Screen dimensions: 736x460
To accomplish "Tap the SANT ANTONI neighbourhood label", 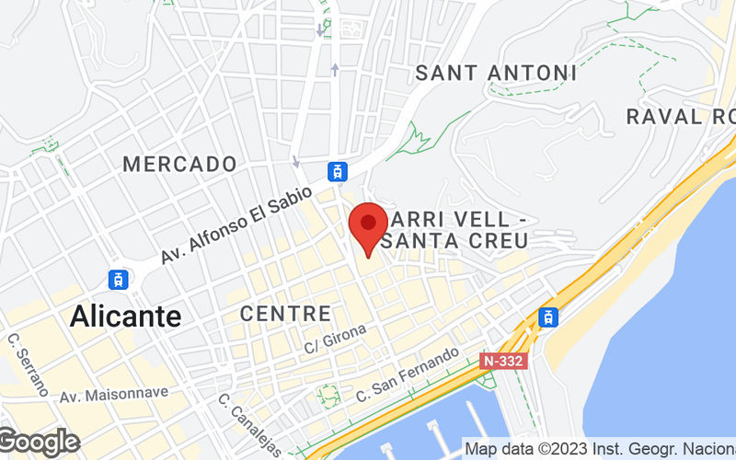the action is click(x=496, y=73).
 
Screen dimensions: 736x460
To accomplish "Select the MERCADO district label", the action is click(x=179, y=165).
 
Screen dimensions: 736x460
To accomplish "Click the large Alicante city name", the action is click(x=125, y=316).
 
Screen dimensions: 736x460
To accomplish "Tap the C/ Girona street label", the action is click(x=335, y=339).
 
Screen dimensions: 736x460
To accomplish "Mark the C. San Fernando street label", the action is click(x=407, y=375).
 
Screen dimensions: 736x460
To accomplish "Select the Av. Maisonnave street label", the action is click(x=114, y=394).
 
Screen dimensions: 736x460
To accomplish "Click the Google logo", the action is click(x=39, y=443).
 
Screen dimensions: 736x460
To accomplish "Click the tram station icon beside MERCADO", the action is click(x=339, y=170).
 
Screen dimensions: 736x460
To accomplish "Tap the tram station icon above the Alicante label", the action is click(x=118, y=279).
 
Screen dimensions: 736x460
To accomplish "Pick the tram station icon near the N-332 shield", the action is click(x=548, y=317).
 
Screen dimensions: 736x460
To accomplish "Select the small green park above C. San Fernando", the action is click(x=328, y=396).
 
